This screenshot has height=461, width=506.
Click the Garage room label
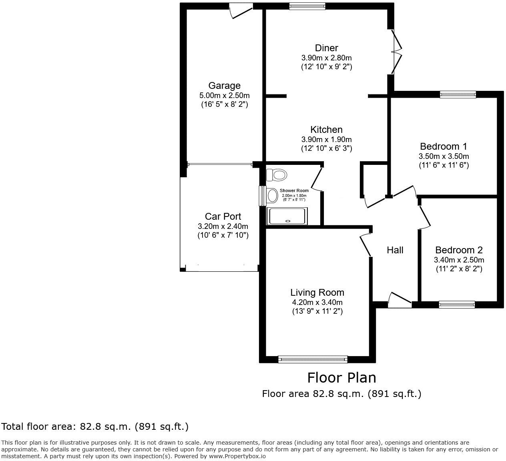[x=224, y=86]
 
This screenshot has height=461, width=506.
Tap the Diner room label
[x=326, y=48]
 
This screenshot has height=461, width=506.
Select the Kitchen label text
[x=326, y=130]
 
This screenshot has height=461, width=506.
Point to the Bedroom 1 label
[x=444, y=146]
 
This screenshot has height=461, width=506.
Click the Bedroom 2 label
[x=459, y=250]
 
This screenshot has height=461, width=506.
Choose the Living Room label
[x=317, y=293]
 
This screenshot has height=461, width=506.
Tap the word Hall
[x=395, y=250]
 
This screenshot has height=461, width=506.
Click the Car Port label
[x=223, y=216]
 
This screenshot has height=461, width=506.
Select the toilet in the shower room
[x=277, y=175]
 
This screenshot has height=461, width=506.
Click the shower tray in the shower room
[x=288, y=216]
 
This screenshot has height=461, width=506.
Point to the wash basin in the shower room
[x=272, y=196]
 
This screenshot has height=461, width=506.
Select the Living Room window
[x=313, y=359]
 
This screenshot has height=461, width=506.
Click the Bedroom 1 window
[x=458, y=94]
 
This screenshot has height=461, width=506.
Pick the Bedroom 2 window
[x=457, y=305]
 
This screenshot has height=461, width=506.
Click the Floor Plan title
[x=341, y=377]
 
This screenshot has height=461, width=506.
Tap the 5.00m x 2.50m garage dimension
[x=224, y=96]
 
